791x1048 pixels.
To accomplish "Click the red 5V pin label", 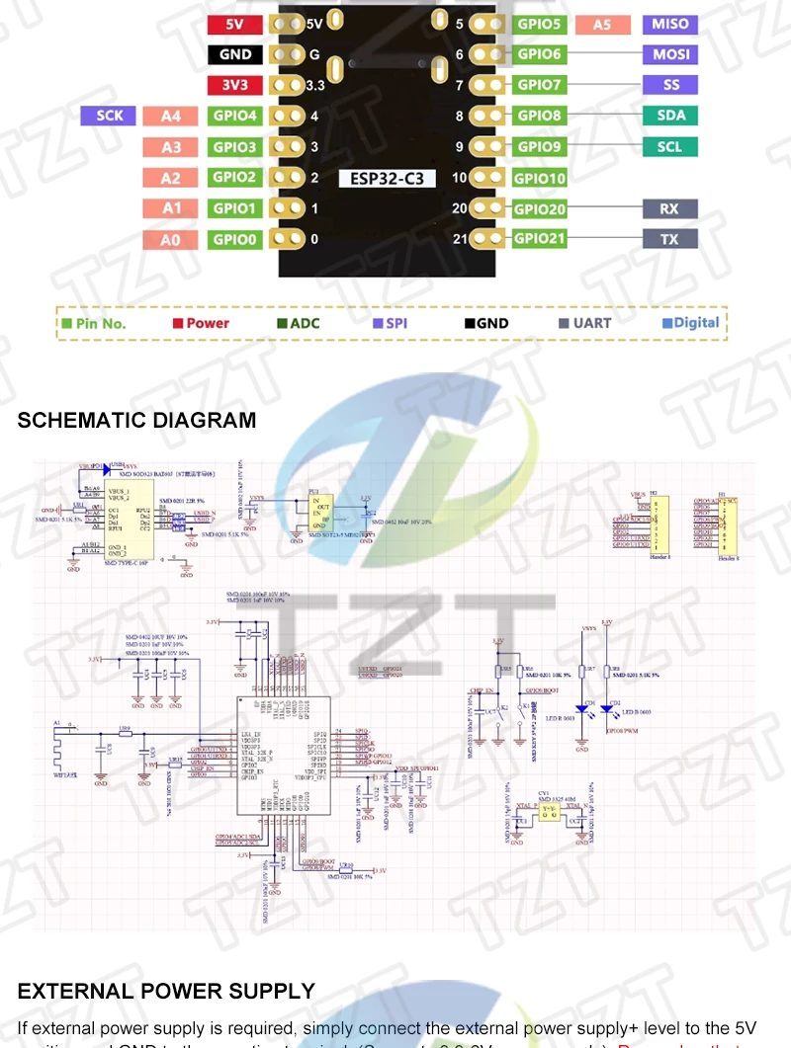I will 235,25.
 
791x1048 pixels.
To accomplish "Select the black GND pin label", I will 235,55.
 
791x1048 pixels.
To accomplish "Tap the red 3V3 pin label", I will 235,86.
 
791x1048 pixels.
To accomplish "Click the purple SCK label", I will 109,116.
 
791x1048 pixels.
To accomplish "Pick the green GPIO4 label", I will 235,117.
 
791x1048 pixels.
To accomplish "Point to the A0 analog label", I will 171,239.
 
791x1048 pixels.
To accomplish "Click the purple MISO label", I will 671,25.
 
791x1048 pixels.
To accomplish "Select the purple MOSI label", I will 671,54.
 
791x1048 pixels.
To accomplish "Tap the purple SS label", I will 671,85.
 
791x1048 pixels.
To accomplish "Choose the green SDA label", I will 671,116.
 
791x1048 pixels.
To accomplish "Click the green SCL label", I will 671,147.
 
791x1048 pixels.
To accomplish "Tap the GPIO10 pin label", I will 540,179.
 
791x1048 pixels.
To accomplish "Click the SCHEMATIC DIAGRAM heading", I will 136,420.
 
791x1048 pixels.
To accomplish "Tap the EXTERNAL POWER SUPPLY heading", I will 166,991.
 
